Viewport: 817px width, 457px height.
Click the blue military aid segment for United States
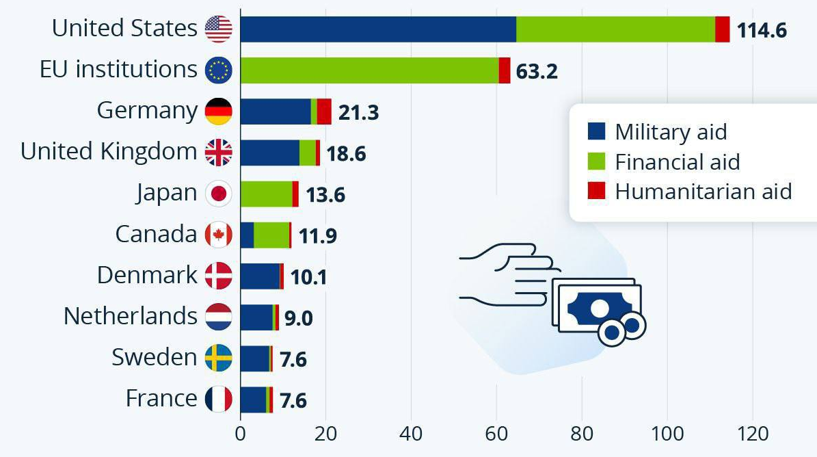coord(378,29)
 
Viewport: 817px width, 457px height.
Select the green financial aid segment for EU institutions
coord(369,70)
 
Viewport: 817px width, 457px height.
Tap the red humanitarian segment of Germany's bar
coord(324,112)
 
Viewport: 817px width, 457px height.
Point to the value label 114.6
coord(762,31)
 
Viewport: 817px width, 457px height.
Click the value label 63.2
coord(537,72)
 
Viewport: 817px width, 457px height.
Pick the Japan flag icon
coord(219,194)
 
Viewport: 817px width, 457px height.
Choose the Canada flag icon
coord(219,235)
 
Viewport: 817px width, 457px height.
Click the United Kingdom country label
coord(109,152)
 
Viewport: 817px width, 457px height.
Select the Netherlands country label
coord(130,316)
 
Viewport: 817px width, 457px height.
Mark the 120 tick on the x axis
coord(753,434)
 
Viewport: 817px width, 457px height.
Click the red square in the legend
coord(596,192)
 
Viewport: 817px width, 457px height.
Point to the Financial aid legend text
coord(677,162)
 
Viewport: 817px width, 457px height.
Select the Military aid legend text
coord(670,132)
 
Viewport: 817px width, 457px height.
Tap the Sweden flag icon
coord(219,358)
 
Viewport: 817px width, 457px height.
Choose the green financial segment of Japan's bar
coord(266,194)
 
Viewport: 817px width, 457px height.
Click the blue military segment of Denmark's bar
coord(260,276)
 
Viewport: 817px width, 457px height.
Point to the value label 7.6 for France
coord(293,400)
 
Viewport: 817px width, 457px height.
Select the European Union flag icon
coord(219,70)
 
